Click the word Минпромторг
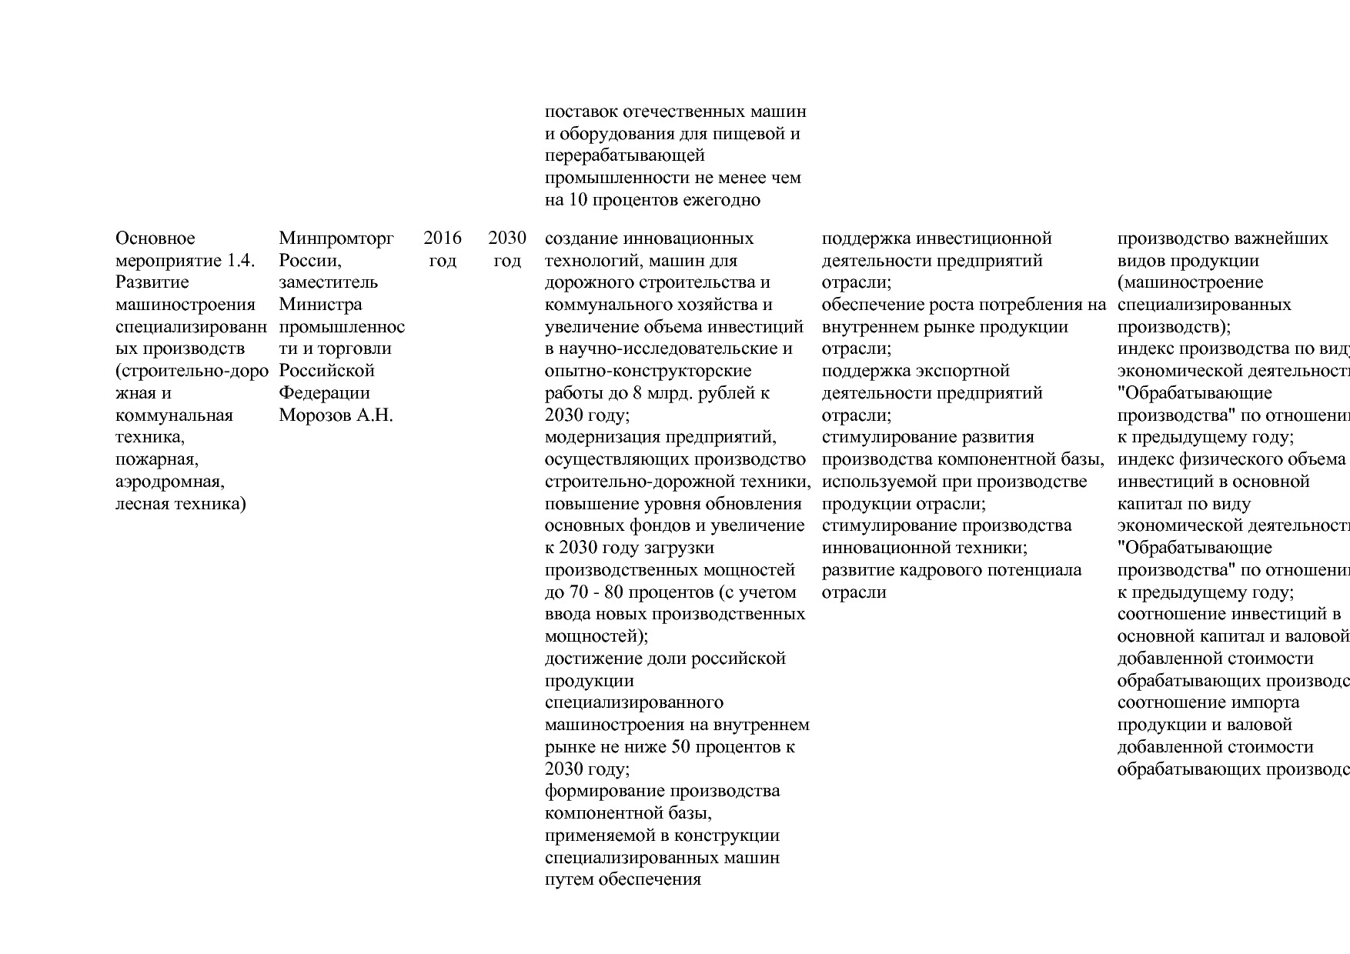click(x=336, y=239)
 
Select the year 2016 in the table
click(x=443, y=239)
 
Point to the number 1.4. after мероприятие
click(x=241, y=261)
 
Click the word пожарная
click(x=157, y=460)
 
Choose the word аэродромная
click(x=170, y=482)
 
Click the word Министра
click(x=320, y=305)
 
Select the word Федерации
click(x=324, y=393)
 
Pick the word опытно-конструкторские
click(x=648, y=371)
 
